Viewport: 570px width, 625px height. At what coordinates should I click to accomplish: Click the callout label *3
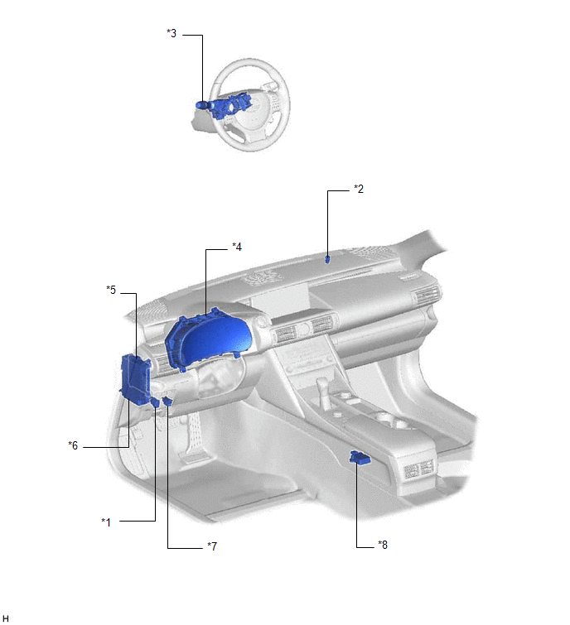pyautogui.click(x=171, y=33)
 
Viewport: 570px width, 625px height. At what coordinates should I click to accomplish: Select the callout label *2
pyautogui.click(x=359, y=189)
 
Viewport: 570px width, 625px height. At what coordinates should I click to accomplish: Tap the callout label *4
pyautogui.click(x=237, y=247)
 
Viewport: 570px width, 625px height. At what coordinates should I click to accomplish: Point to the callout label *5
pyautogui.click(x=111, y=290)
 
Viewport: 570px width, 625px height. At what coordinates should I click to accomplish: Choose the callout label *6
pyautogui.click(x=73, y=445)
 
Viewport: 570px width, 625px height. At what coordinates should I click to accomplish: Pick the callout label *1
pyautogui.click(x=106, y=522)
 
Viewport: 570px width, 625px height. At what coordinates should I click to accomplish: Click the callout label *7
pyautogui.click(x=212, y=546)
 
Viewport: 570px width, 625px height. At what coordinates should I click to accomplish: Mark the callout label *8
pyautogui.click(x=383, y=545)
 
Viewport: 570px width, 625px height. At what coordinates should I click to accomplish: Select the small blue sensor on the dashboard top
pyautogui.click(x=327, y=259)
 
